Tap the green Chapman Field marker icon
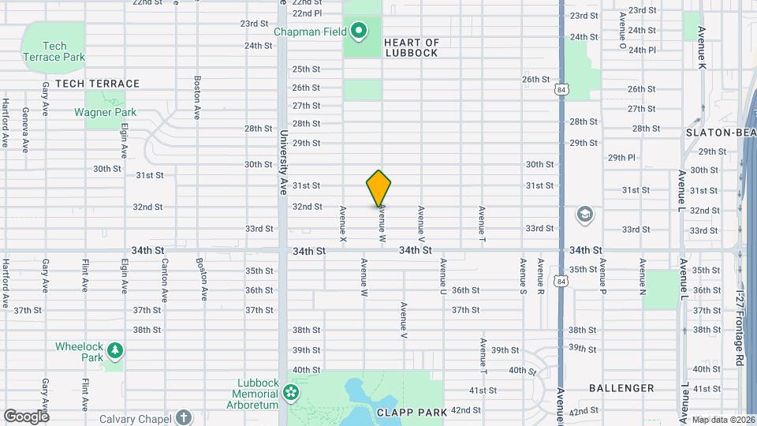359,32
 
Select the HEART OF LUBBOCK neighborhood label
411,47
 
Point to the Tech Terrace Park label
54,51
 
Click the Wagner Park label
106,112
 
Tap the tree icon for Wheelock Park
115,349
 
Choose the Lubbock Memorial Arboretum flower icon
291,391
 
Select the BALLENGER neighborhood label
621,388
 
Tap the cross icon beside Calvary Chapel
183,417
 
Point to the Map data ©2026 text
722,420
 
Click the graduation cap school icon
584,215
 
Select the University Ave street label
282,163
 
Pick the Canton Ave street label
164,279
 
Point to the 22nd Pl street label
307,13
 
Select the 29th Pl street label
621,158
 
